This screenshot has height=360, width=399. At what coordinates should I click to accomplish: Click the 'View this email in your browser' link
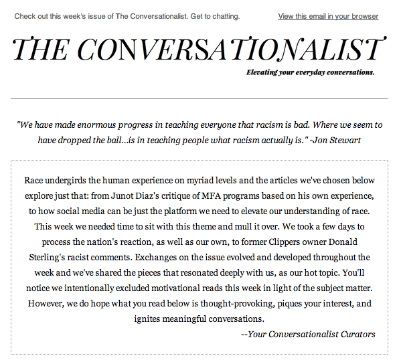[328, 16]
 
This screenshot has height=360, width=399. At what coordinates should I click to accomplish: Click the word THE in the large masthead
[42, 50]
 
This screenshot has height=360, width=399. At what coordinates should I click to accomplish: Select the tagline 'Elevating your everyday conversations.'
[310, 72]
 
